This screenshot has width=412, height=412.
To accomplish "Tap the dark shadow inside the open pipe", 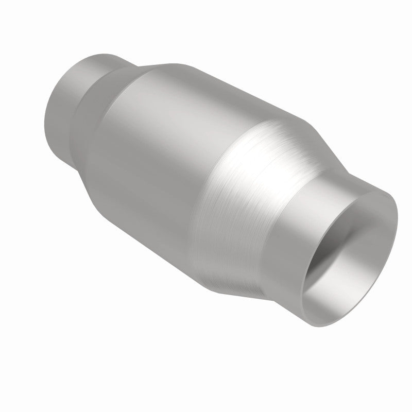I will click(330, 242).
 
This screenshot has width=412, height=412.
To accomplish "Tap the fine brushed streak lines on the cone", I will click(242, 232).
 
